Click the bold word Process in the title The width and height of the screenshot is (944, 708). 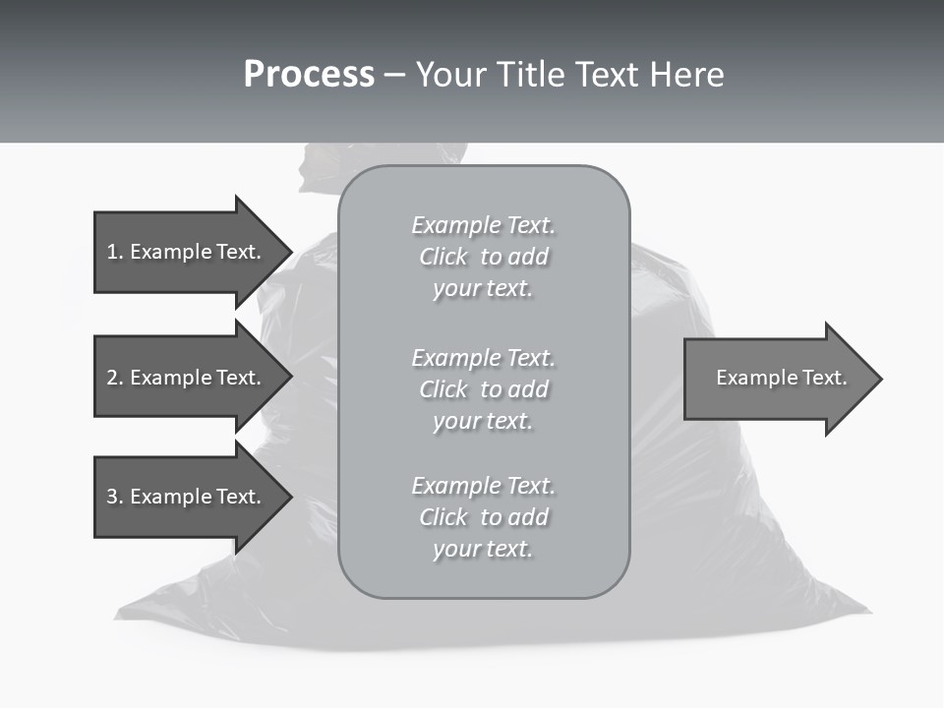pos(309,75)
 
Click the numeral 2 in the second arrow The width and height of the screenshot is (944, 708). pos(112,378)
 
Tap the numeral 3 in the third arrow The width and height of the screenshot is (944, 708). pos(112,497)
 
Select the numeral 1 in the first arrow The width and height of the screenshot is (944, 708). pos(112,252)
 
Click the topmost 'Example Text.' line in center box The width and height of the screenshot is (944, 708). pos(483,225)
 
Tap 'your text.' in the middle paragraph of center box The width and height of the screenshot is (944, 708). pos(483,421)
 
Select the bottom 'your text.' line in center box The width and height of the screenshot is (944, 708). pos(483,549)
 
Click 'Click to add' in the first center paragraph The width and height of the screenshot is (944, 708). pos(483,257)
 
